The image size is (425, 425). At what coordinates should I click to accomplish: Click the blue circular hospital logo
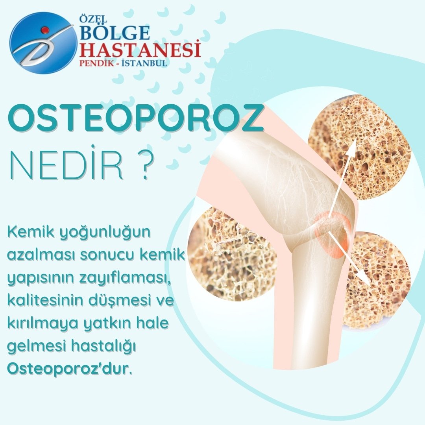(43, 43)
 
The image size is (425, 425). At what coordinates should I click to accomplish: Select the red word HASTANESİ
(140, 50)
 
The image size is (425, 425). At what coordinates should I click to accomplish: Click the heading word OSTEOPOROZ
(135, 118)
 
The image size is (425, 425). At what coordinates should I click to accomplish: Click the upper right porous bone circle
(360, 146)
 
